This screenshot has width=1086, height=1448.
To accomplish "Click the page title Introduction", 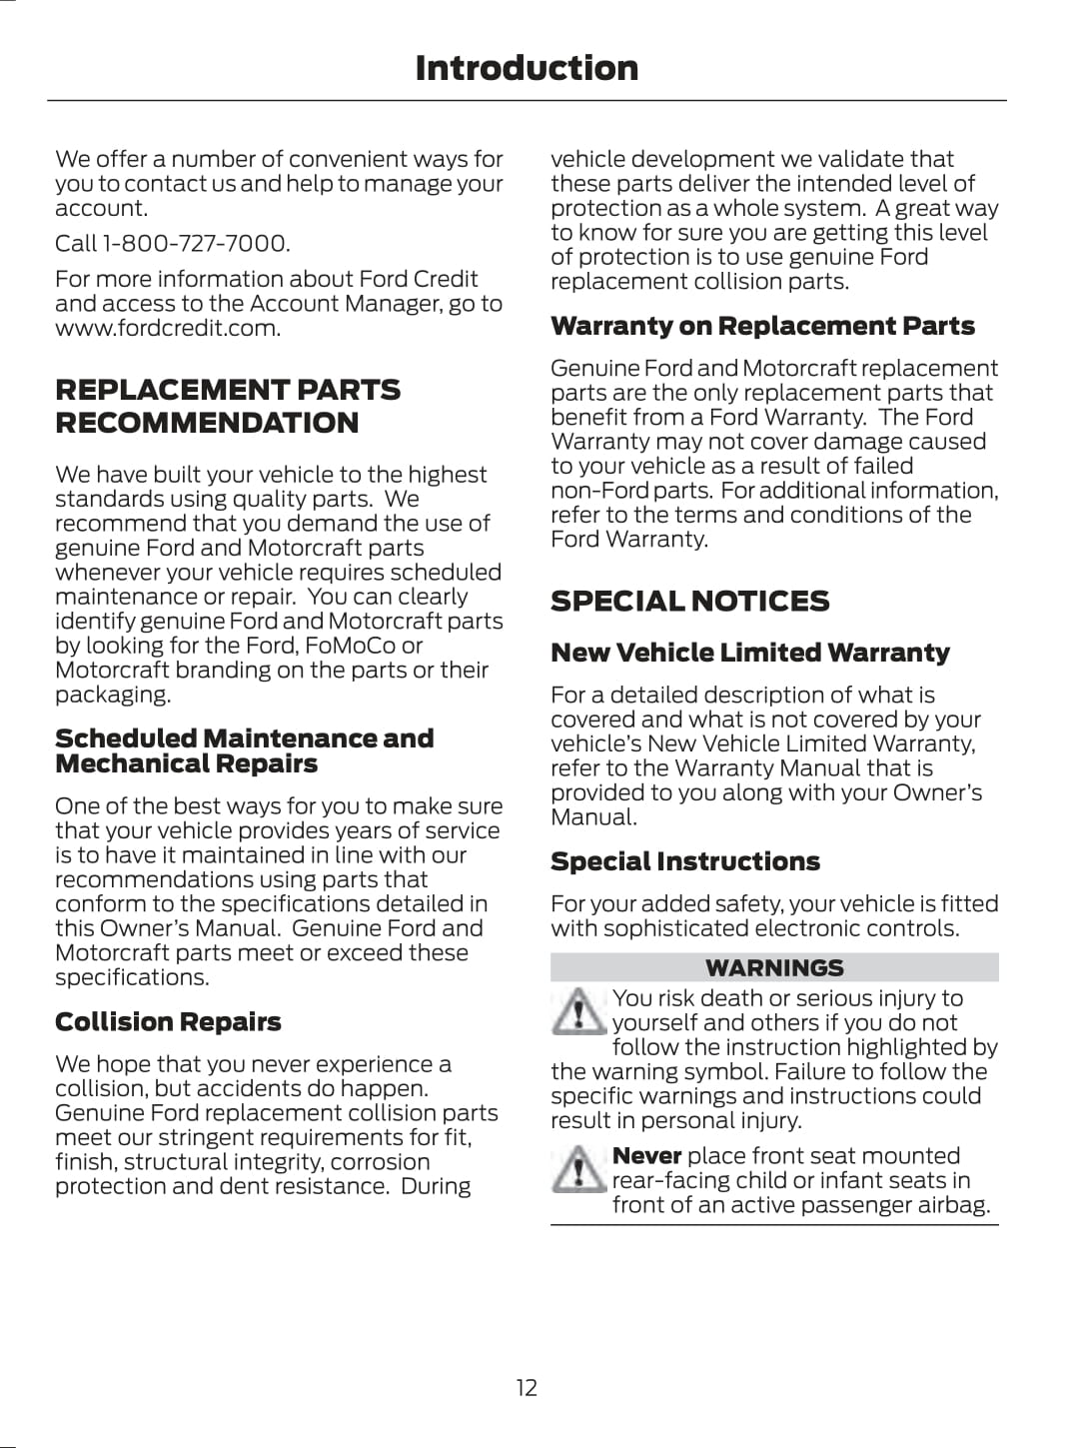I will [527, 68].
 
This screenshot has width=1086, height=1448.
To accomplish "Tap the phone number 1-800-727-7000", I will [195, 244].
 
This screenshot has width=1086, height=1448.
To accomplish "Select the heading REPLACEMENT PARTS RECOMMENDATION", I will [227, 406].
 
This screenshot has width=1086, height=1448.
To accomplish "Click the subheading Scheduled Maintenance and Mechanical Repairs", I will [244, 750].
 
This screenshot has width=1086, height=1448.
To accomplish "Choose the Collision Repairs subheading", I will [168, 1021].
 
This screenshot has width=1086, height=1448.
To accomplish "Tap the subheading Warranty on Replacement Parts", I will [762, 326].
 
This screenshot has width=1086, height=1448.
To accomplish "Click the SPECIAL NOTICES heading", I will [689, 601].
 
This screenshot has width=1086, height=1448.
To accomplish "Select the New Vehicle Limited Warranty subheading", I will [749, 653].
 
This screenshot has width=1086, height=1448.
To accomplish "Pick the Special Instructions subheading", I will [684, 861].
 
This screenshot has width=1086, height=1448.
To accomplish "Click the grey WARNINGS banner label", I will [774, 967].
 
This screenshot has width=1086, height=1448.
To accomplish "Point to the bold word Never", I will [646, 1156].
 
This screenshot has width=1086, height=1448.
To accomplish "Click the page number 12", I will [527, 1387].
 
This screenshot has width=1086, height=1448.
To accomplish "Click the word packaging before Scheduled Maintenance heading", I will [112, 695].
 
